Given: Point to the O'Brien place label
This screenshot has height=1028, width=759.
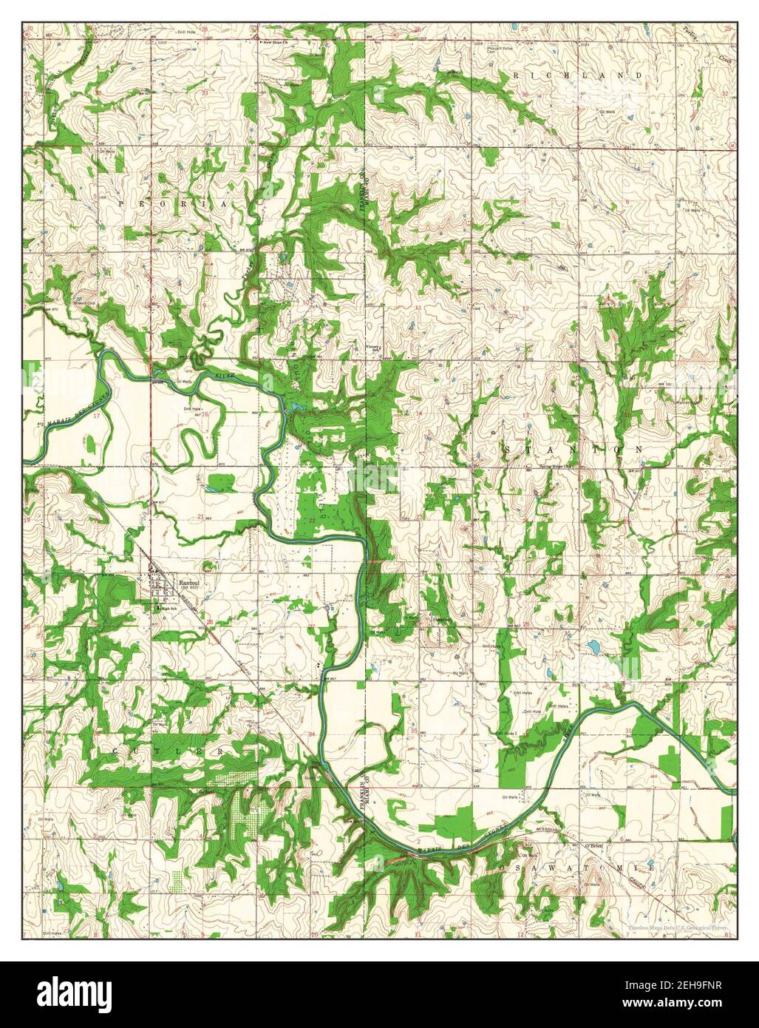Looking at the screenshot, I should coord(596,845).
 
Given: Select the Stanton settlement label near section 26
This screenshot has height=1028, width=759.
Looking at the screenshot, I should coord(442,620).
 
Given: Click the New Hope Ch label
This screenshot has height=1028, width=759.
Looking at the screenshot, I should coord(278,42).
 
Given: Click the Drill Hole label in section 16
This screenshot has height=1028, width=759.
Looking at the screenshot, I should coord(194,408).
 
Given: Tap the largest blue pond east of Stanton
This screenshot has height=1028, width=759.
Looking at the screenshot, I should coord(592,649).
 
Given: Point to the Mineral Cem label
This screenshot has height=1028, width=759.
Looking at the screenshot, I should coord(83,302).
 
